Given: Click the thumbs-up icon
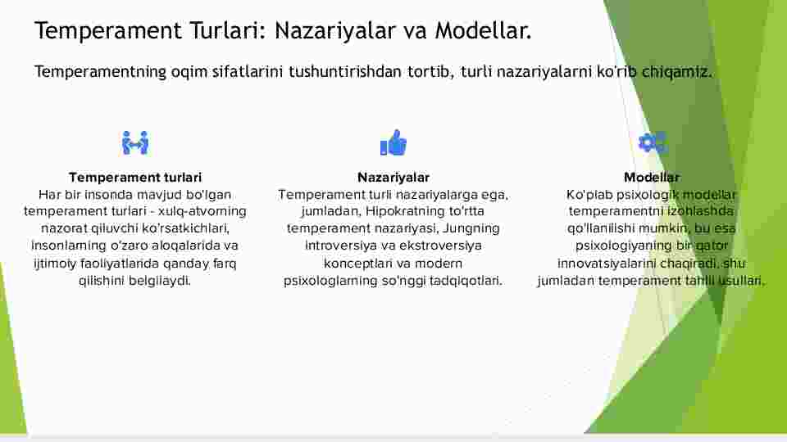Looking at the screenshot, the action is click(x=393, y=142).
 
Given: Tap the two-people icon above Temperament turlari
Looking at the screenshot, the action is click(x=135, y=143).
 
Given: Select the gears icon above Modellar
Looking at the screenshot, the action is click(x=652, y=142).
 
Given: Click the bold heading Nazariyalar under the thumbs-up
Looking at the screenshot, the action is click(x=393, y=178).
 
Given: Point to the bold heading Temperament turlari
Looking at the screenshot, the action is click(x=135, y=178).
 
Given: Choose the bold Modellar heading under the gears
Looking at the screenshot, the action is click(x=652, y=178).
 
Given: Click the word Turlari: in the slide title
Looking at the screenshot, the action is click(x=227, y=30).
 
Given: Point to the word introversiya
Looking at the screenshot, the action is click(x=337, y=246).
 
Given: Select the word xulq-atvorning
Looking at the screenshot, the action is click(x=202, y=211).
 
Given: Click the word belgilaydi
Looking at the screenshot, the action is click(x=160, y=280).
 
